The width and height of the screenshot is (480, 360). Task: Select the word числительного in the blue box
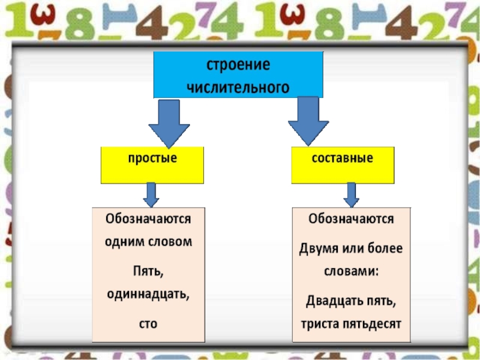[239, 87]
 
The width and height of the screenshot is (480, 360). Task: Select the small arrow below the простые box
[151, 194]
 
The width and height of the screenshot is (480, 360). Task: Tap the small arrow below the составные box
[351, 194]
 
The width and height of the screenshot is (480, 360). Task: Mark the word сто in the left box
[148, 323]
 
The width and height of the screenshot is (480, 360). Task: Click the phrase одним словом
[148, 243]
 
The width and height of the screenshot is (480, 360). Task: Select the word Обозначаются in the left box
[148, 218]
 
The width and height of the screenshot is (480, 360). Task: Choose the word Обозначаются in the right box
[351, 218]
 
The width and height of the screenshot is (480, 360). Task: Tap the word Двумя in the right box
[320, 248]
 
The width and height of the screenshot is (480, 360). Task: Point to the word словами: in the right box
[351, 271]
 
